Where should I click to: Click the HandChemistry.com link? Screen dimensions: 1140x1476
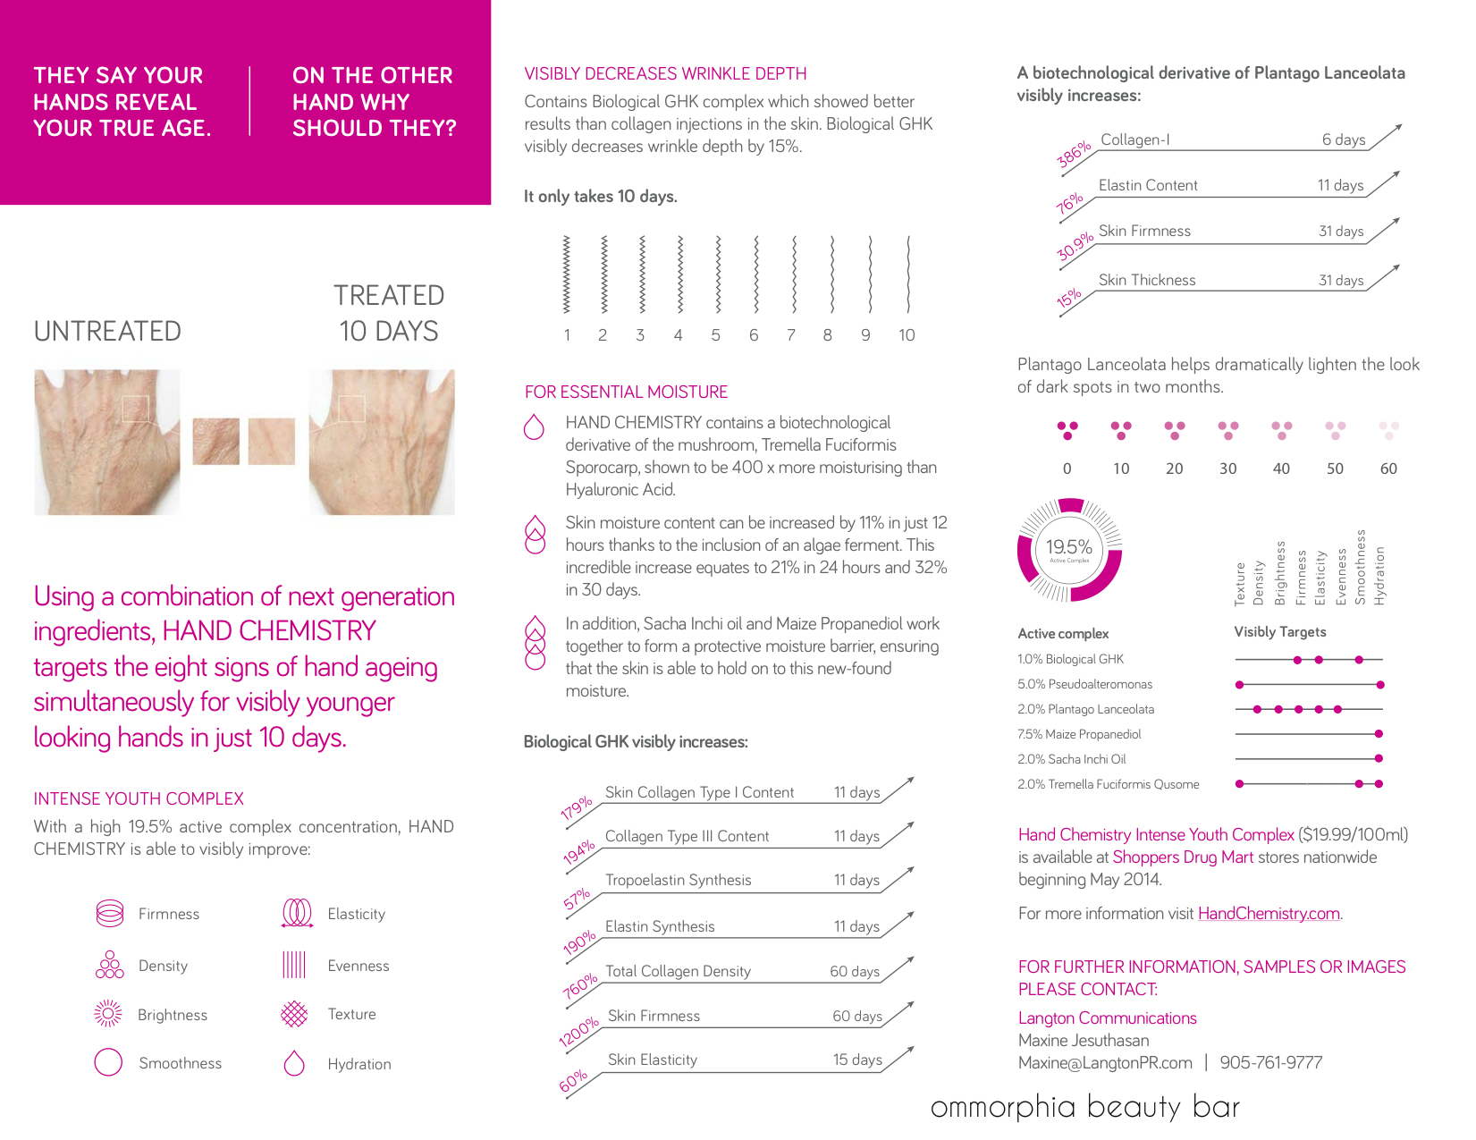click(x=1268, y=913)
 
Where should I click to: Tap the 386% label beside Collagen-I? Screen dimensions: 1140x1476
click(x=1074, y=154)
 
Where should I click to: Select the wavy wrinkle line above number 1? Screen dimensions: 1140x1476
click(x=566, y=274)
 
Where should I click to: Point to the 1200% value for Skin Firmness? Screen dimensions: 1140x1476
click(x=578, y=1032)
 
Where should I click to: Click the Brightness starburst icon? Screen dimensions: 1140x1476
click(x=108, y=1013)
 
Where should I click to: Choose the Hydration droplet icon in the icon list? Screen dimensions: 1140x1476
click(x=294, y=1062)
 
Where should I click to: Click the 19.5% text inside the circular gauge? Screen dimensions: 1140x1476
click(x=1069, y=546)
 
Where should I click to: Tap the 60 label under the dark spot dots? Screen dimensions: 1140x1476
click(x=1387, y=469)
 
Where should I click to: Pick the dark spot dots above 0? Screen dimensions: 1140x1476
click(x=1067, y=430)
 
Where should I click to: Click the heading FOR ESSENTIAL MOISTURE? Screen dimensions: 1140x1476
click(x=626, y=392)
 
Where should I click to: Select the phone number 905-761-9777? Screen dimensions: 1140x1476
click(x=1270, y=1062)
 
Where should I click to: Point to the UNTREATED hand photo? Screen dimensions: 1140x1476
click(x=106, y=442)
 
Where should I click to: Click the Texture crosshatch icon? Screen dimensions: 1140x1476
click(x=294, y=1013)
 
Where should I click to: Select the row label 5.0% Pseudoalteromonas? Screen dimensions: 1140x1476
click(x=1084, y=684)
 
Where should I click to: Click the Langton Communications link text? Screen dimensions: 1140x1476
click(x=1107, y=1018)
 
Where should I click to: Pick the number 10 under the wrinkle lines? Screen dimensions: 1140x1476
click(x=907, y=335)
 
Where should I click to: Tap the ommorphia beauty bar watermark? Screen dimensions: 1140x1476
click(x=1084, y=1107)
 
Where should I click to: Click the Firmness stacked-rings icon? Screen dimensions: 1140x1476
click(x=109, y=913)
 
